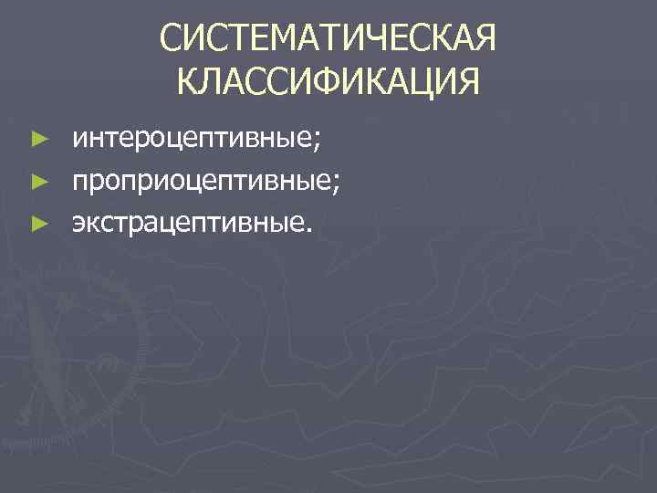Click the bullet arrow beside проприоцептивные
[37, 182]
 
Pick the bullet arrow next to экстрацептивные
[37, 222]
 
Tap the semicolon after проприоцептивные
[339, 184]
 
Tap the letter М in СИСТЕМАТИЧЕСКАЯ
[275, 40]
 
